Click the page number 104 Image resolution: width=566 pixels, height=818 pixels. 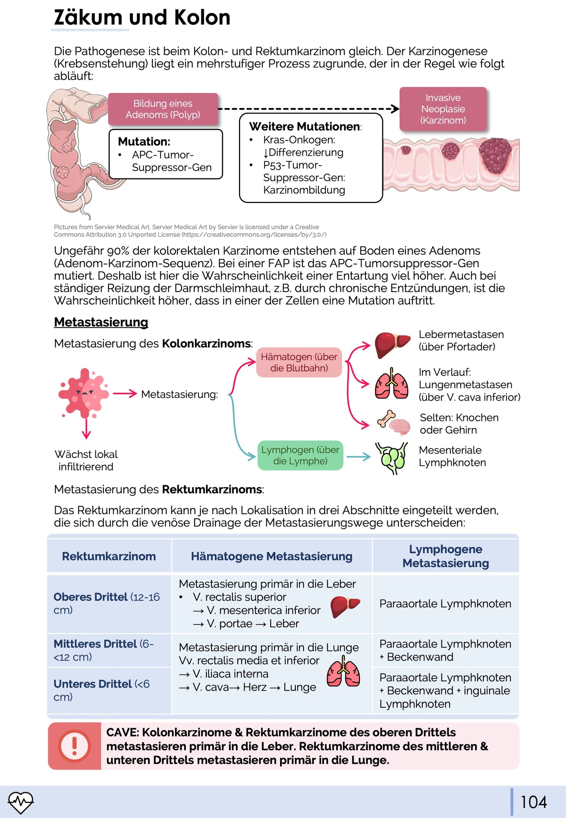533,802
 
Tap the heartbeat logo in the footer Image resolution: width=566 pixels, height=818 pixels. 21,802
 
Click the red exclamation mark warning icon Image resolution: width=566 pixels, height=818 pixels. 74,745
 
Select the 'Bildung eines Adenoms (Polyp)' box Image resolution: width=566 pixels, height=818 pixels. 163,109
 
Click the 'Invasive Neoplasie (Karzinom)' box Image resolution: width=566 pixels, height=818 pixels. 443,109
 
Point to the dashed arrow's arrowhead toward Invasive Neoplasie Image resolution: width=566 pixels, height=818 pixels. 396,109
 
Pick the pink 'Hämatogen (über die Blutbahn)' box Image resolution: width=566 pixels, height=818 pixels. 299,362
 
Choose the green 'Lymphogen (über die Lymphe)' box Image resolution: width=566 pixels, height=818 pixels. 300,455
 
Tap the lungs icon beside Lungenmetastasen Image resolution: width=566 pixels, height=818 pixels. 391,384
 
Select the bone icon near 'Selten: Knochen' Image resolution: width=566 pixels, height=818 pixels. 386,418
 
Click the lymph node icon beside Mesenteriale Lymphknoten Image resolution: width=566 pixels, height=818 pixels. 392,457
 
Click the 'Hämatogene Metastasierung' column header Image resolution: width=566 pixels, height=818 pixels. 271,556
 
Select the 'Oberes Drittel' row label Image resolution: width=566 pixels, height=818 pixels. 90,597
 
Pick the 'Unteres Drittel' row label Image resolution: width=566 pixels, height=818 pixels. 92,684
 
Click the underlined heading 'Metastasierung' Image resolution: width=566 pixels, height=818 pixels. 101,322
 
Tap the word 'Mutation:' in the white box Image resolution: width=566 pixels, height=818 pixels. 144,141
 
